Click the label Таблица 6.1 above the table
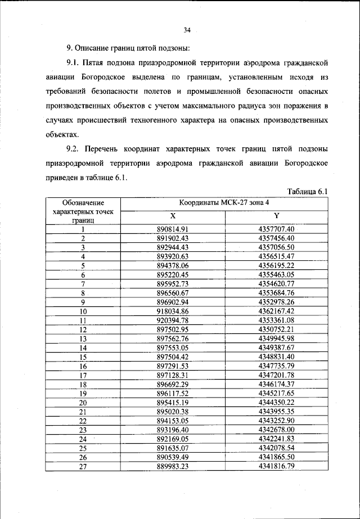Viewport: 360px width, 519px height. coord(307,191)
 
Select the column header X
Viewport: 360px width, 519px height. coord(173,215)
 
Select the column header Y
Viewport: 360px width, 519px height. coord(276,215)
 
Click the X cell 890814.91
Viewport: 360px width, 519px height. coord(173,229)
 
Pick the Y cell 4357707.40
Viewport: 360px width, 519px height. coord(276,229)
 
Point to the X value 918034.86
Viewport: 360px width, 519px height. coord(173,310)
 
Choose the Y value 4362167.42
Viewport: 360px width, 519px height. coord(276,310)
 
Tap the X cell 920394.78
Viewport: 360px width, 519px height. coord(173,320)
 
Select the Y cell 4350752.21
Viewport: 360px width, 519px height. coord(276,329)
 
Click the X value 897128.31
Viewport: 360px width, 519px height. coord(173,375)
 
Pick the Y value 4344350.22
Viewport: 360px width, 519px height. coord(276,402)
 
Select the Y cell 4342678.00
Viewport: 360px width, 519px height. coord(276,430)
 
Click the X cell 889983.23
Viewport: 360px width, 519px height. coord(173,466)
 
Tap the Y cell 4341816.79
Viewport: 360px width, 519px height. coord(276,466)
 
